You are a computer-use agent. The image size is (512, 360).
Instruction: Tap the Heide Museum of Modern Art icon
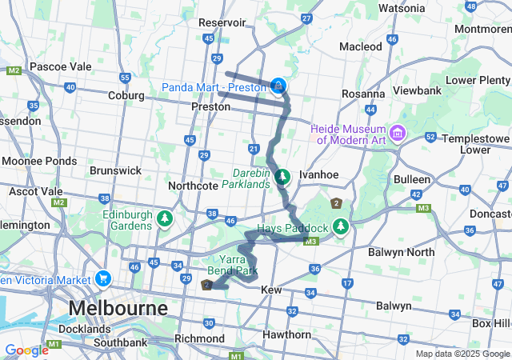click(x=398, y=131)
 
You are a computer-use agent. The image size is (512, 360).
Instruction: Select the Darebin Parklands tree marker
click(x=282, y=177)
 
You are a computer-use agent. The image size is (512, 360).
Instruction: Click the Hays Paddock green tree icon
click(x=341, y=227)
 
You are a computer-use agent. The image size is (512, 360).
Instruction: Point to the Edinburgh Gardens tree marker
click(x=165, y=218)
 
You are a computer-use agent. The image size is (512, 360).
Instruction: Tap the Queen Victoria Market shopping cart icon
click(x=102, y=279)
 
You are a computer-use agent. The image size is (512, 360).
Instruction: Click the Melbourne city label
click(x=118, y=308)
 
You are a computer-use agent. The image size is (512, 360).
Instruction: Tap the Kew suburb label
click(x=273, y=288)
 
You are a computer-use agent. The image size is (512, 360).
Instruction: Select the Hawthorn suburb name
click(x=286, y=334)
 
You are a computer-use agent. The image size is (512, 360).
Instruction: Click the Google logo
click(x=26, y=350)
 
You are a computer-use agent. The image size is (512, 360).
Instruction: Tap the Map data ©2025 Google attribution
click(x=462, y=354)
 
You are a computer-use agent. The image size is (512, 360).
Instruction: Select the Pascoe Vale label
click(x=60, y=66)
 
